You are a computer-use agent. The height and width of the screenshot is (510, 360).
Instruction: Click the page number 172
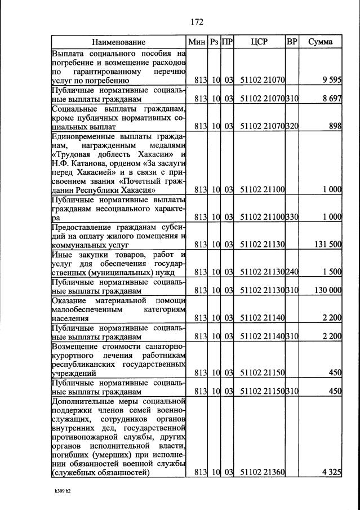click(x=196, y=22)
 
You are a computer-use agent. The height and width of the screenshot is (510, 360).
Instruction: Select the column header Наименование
click(x=118, y=42)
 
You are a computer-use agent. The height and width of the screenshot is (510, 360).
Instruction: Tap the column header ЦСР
click(x=260, y=42)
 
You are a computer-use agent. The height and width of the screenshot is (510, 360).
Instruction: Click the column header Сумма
click(x=320, y=42)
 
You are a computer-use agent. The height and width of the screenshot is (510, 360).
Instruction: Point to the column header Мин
click(x=197, y=42)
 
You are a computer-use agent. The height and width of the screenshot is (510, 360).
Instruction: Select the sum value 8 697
click(x=332, y=99)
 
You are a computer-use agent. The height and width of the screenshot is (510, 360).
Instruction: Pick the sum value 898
click(x=336, y=126)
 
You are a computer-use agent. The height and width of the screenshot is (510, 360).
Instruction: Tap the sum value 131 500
click(x=328, y=245)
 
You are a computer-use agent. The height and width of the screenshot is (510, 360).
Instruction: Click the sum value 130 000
click(x=327, y=290)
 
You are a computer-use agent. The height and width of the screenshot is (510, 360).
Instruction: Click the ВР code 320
click(x=292, y=126)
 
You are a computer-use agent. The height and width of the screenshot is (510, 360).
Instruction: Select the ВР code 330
click(x=292, y=217)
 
